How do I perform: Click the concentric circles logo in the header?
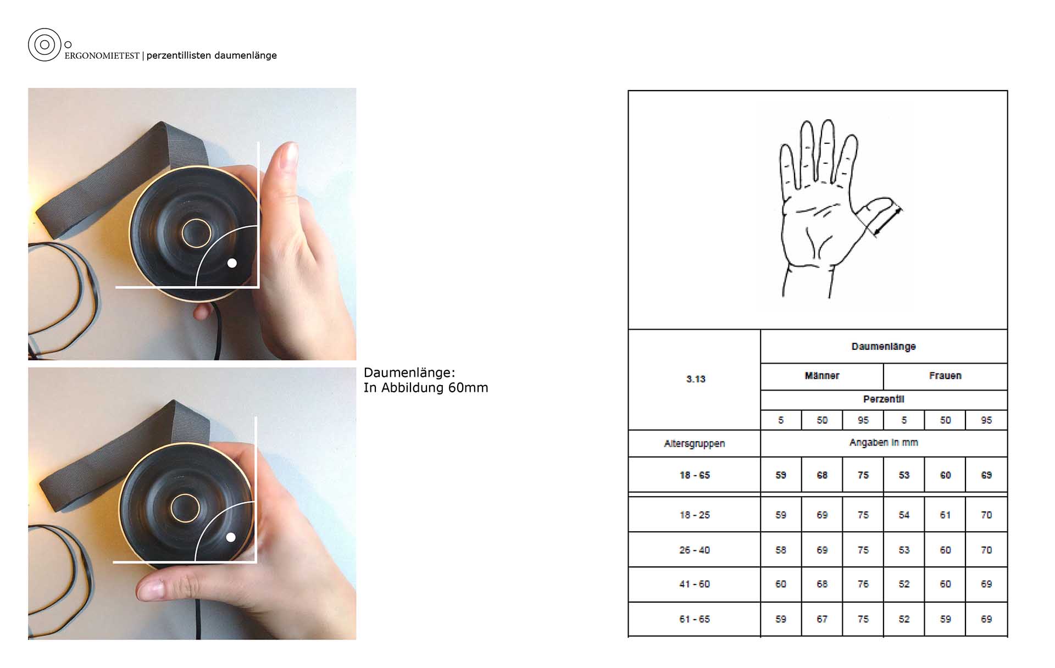point(45,44)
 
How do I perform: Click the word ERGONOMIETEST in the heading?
point(102,56)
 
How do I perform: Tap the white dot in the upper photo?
point(232,263)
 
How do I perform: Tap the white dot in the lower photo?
point(231,537)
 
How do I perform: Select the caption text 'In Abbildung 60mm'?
point(426,388)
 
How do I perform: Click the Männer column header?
point(822,376)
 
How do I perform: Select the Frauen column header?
point(945,376)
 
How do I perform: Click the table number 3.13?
point(696,379)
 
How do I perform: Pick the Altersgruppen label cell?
point(695,443)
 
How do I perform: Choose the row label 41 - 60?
point(695,584)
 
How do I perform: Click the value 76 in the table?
point(863,584)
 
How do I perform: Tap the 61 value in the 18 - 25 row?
point(945,515)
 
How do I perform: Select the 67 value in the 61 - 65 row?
point(822,619)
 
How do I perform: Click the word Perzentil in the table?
point(884,399)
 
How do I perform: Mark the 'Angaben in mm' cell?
point(884,443)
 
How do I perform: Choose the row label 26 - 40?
point(695,550)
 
